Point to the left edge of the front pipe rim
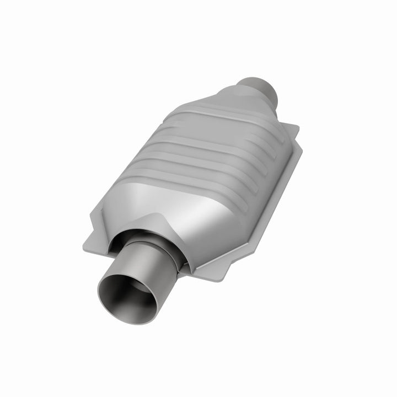pos(100,292)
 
